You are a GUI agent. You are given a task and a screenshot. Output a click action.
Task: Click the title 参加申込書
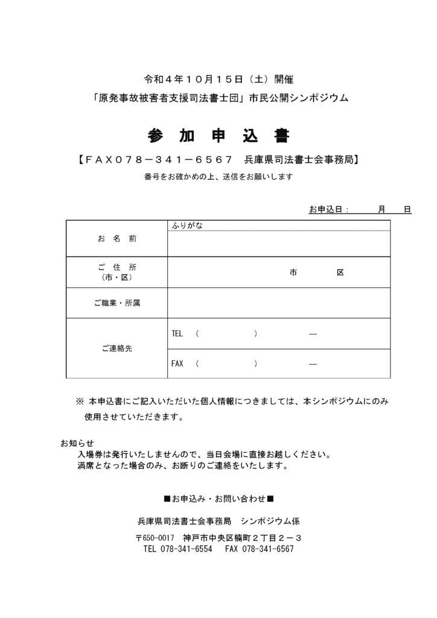[x=218, y=135]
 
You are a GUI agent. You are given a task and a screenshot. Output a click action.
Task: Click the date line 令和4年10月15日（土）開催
[x=218, y=79]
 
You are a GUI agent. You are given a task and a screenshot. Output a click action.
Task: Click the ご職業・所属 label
[x=116, y=303]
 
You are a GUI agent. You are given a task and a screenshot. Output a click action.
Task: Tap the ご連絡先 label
[x=116, y=348]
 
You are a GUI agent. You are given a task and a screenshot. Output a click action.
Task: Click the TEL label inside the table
[x=177, y=334]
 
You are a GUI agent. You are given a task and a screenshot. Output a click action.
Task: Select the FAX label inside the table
[x=177, y=364]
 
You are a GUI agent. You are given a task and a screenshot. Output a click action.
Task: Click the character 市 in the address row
[x=293, y=273]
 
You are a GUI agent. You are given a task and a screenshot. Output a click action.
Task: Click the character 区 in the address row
[x=340, y=273]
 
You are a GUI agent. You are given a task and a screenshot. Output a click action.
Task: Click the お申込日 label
[x=325, y=209]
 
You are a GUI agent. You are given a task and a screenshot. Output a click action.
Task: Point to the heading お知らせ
[x=77, y=443]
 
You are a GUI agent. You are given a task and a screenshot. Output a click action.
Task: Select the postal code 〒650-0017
[x=155, y=538]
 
